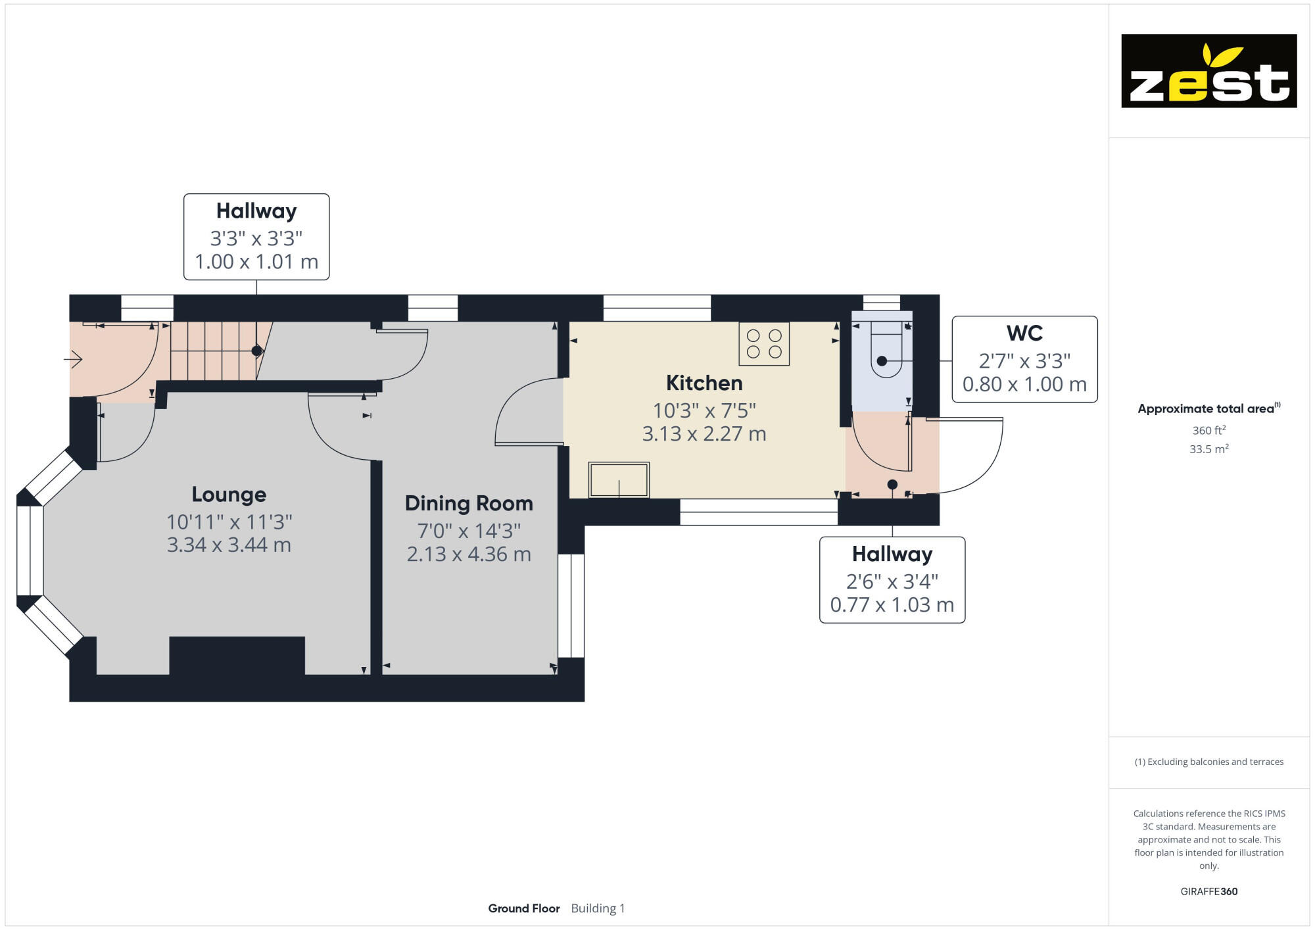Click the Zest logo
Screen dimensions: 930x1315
coord(1208,71)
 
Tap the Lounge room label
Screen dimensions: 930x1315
coord(229,495)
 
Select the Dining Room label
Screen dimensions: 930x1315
coord(469,503)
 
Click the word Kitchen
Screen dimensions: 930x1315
coord(704,383)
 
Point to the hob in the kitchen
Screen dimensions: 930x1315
coord(764,343)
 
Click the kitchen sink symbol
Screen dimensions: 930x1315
coord(619,479)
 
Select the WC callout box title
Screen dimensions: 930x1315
coord(1024,333)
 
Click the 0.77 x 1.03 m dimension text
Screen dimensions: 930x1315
coord(892,604)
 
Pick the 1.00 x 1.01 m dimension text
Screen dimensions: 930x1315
coord(256,262)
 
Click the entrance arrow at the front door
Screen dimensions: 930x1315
coord(73,359)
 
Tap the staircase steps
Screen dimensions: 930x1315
coord(214,351)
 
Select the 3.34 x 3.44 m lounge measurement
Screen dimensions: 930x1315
coord(229,545)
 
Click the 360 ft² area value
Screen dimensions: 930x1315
coord(1208,430)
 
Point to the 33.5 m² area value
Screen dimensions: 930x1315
coord(1208,449)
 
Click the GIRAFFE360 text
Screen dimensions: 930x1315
coord(1208,892)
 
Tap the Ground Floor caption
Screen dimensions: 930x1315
coord(524,908)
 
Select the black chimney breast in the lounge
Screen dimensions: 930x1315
coord(237,655)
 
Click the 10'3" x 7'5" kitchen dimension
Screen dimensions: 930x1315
coord(704,410)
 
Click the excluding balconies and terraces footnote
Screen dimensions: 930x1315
coord(1208,762)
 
